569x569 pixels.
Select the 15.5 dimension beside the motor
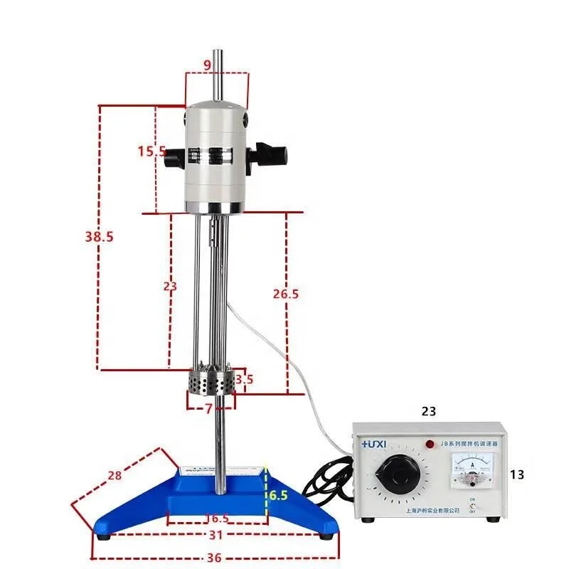tap(151, 151)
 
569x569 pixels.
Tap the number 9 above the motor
tap(207, 65)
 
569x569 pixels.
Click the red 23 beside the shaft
tap(170, 286)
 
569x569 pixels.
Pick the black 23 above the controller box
tap(428, 410)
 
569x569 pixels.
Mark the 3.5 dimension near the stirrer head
tap(244, 380)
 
